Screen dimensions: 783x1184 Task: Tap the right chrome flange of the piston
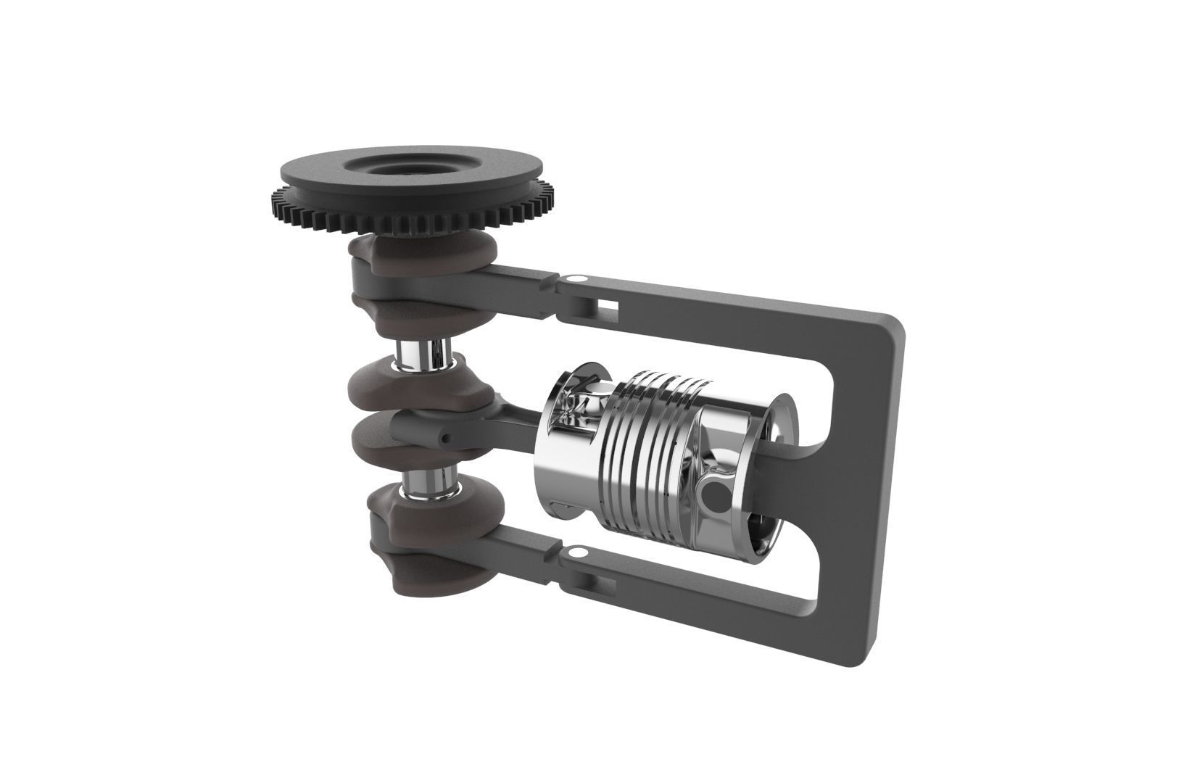tap(787, 428)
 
